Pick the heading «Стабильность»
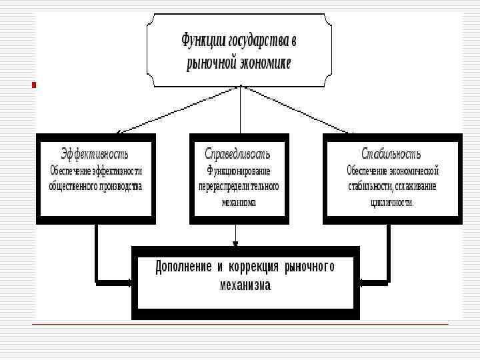point(391,153)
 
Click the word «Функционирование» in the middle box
point(239,170)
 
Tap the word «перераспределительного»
point(239,186)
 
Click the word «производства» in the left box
point(119,186)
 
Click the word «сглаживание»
point(415,186)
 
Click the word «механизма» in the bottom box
point(245,285)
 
